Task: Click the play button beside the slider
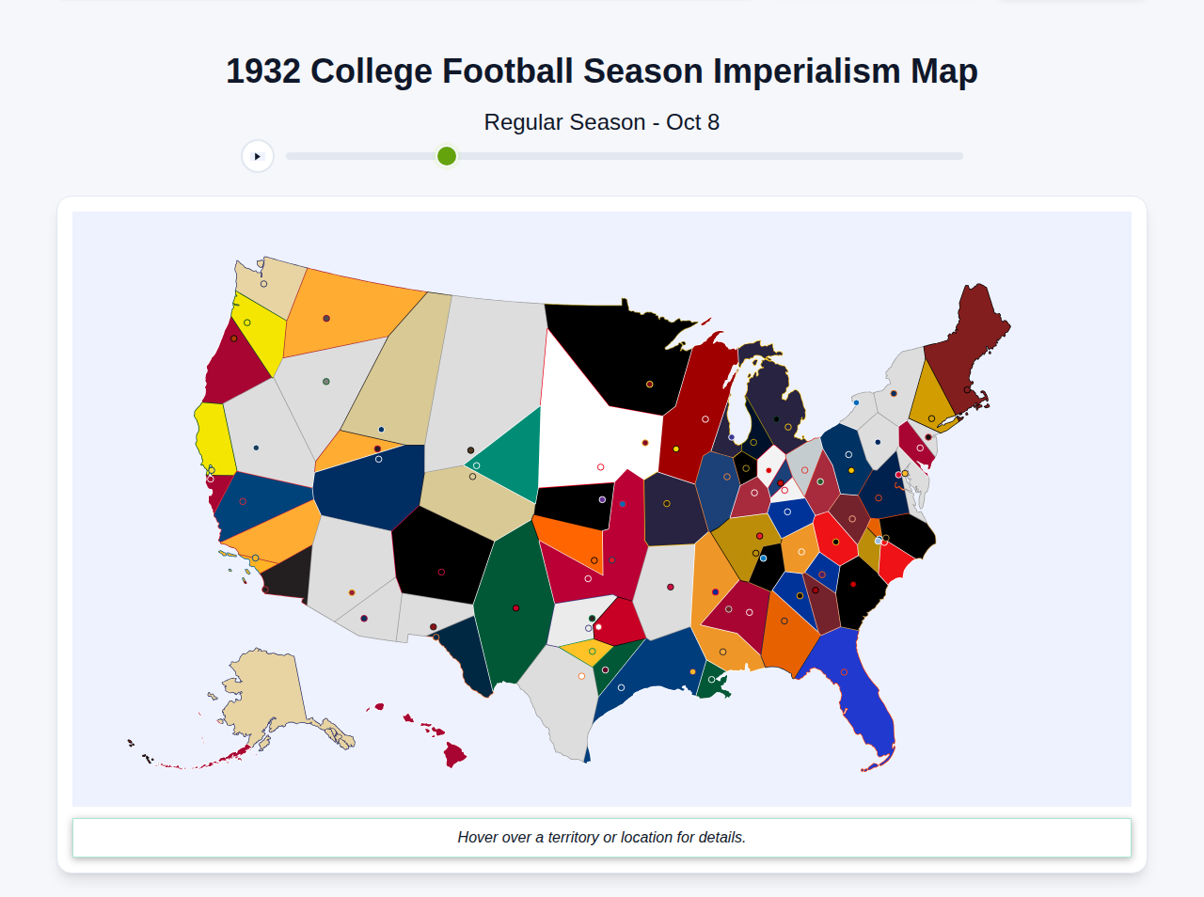(x=258, y=156)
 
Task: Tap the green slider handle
(x=447, y=156)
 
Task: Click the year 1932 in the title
(x=262, y=71)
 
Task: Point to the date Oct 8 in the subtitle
(x=692, y=122)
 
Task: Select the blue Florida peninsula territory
(x=851, y=686)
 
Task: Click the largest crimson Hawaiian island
(x=455, y=754)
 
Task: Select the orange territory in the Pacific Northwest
(x=348, y=310)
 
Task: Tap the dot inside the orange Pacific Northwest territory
(x=326, y=319)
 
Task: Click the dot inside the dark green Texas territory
(x=515, y=608)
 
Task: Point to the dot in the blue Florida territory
(x=844, y=672)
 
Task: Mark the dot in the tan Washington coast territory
(x=263, y=284)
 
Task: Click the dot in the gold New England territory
(x=931, y=418)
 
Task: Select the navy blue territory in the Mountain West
(x=367, y=484)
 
